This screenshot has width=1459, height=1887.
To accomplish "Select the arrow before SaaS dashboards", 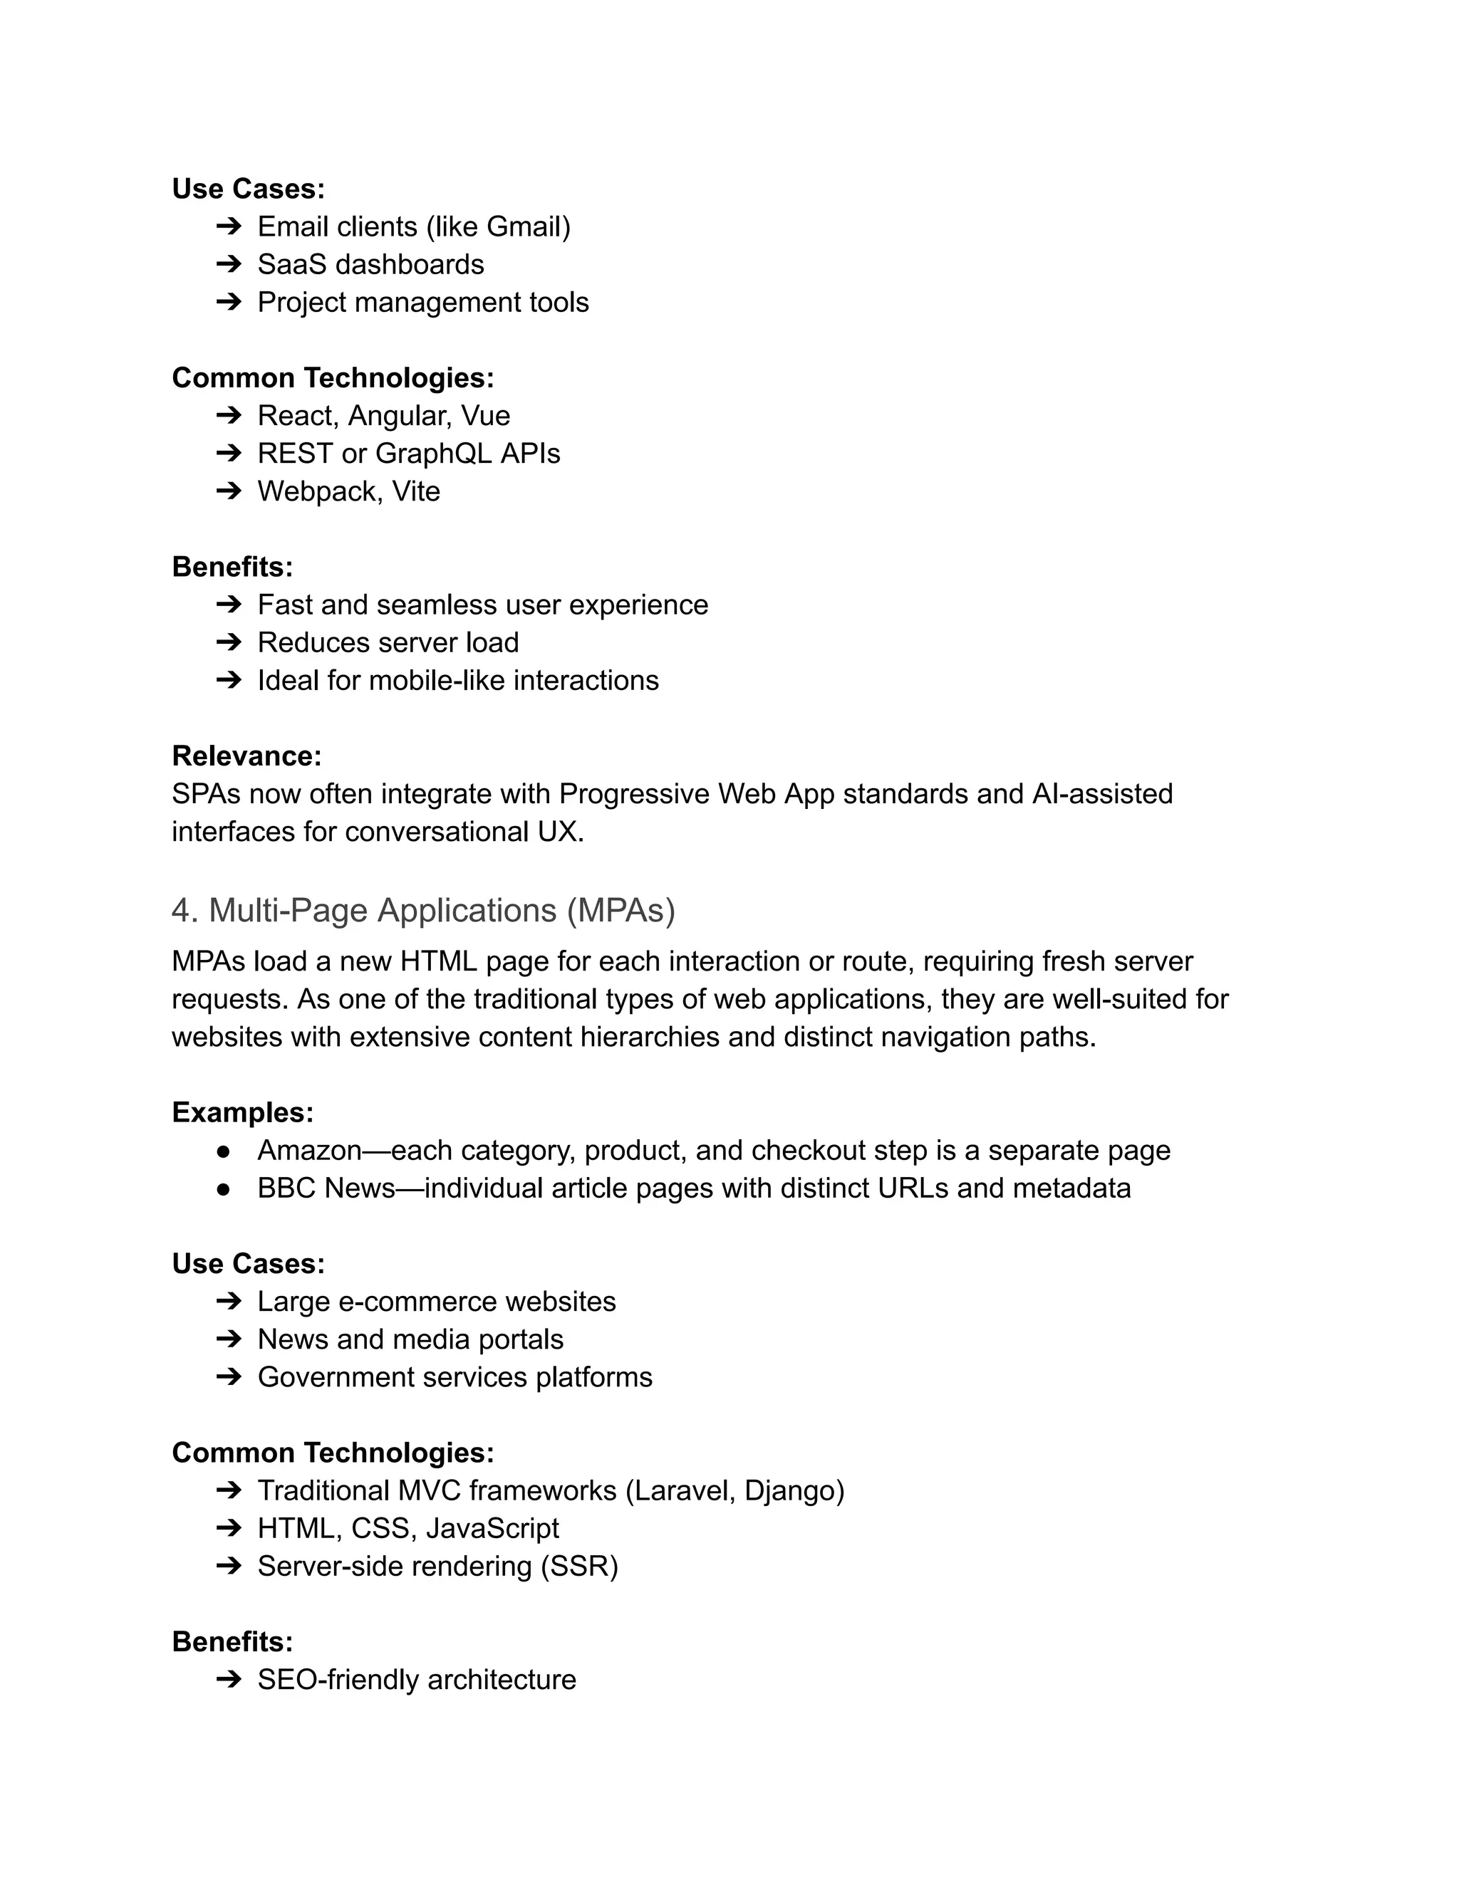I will pos(228,264).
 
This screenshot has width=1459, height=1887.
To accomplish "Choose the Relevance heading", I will pos(246,756).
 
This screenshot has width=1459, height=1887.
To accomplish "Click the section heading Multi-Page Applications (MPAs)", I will pos(424,911).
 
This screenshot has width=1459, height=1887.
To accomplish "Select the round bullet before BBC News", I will pos(224,1190).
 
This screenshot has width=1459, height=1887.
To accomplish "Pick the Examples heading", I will pos(242,1113).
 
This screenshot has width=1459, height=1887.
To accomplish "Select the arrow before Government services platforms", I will pos(228,1377).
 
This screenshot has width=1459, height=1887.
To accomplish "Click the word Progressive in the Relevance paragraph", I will pos(633,794).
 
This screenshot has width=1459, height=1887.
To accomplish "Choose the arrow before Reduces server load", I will pos(228,643).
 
